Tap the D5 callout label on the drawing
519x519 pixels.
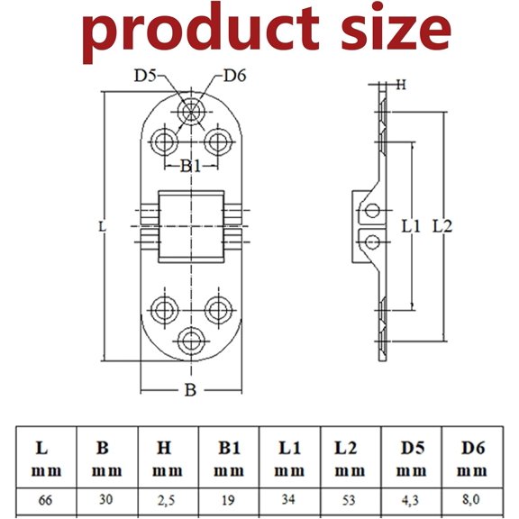pyautogui.click(x=145, y=76)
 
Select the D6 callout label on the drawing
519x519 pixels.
pyautogui.click(x=234, y=76)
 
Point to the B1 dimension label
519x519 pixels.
pyautogui.click(x=190, y=166)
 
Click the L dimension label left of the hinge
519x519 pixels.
pyautogui.click(x=103, y=227)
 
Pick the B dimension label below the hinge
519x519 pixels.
pyautogui.click(x=190, y=390)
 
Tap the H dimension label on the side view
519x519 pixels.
pyautogui.click(x=401, y=85)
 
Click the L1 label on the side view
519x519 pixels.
pyautogui.click(x=411, y=227)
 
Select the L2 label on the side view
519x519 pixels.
pyautogui.click(x=442, y=227)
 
